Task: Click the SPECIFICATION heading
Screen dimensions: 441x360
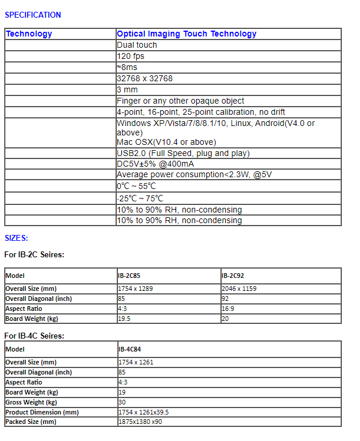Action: click(x=32, y=15)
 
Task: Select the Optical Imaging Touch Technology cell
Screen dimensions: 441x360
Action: click(x=186, y=34)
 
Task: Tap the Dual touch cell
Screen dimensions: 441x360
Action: click(x=137, y=45)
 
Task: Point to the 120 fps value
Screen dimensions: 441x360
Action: click(x=130, y=57)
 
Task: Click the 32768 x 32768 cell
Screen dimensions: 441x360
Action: click(x=144, y=79)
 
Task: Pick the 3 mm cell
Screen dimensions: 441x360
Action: click(x=127, y=90)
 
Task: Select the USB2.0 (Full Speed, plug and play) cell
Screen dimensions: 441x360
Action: click(x=183, y=154)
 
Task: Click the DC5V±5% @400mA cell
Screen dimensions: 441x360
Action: click(x=155, y=164)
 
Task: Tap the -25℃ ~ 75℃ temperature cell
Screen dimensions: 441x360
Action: click(x=140, y=198)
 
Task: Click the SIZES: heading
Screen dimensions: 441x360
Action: click(x=16, y=238)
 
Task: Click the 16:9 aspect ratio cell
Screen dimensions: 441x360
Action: click(x=228, y=309)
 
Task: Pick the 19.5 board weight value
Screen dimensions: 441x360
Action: click(x=124, y=319)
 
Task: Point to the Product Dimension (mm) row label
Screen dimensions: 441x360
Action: click(x=42, y=412)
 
